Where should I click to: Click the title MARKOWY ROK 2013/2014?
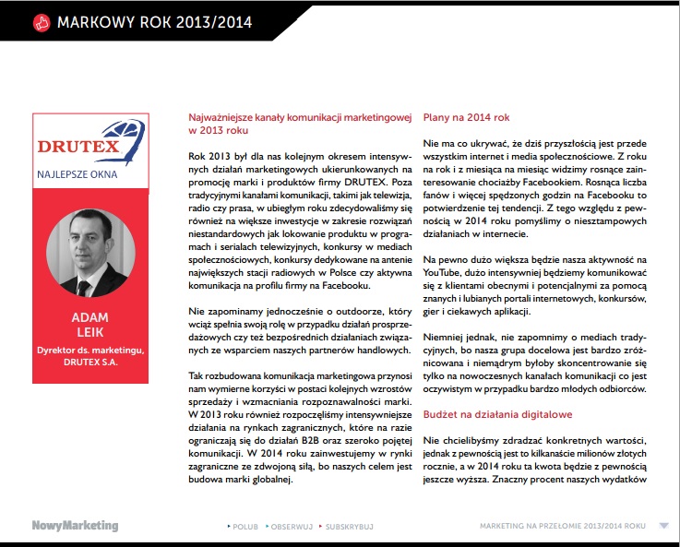point(154,21)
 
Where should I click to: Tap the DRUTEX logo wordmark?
point(89,147)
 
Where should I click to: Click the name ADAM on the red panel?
point(89,317)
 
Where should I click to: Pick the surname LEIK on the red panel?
point(89,333)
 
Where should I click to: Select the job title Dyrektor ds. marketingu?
point(89,351)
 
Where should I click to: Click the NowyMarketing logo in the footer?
point(75,526)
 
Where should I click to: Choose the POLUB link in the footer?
point(245,527)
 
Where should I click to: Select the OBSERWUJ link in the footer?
point(291,527)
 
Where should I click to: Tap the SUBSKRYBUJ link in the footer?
point(346,527)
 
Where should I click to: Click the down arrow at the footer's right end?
point(663,526)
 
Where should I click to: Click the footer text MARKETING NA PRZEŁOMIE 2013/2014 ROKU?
point(562,527)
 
